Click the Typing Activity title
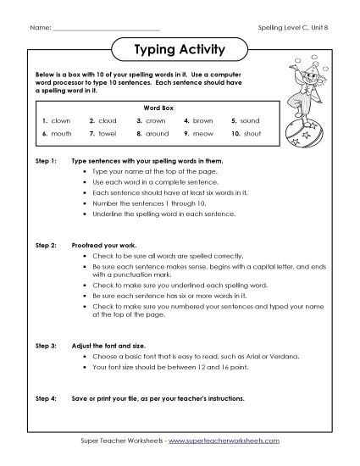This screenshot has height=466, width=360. click(179, 50)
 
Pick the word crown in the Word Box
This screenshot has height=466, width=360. click(155, 121)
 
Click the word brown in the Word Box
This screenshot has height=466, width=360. click(202, 121)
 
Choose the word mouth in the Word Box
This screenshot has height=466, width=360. click(63, 134)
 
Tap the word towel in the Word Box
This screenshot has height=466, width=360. click(108, 134)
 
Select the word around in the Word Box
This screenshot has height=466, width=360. click(157, 134)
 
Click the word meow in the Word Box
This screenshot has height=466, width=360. click(202, 134)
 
